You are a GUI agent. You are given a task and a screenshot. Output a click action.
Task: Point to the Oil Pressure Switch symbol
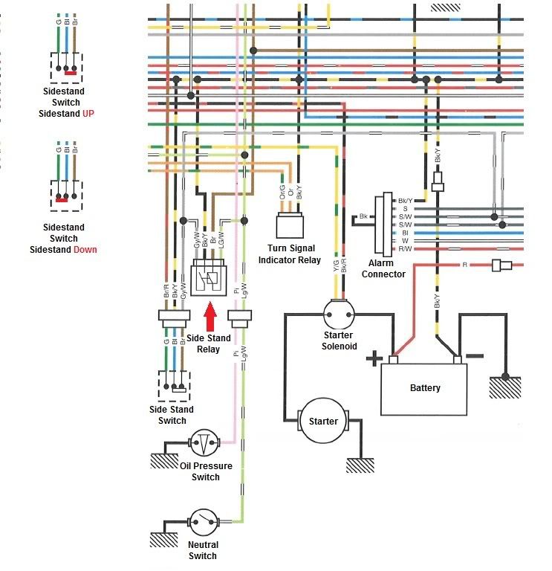204,444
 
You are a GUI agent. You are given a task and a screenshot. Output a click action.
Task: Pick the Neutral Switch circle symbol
202,521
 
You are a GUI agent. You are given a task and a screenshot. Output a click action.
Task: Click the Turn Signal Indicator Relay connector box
289,224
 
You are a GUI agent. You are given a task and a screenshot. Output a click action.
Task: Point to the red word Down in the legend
85,249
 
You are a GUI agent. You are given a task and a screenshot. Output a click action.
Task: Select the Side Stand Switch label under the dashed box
172,415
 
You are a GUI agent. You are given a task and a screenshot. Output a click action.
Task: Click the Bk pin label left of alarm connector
363,216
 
